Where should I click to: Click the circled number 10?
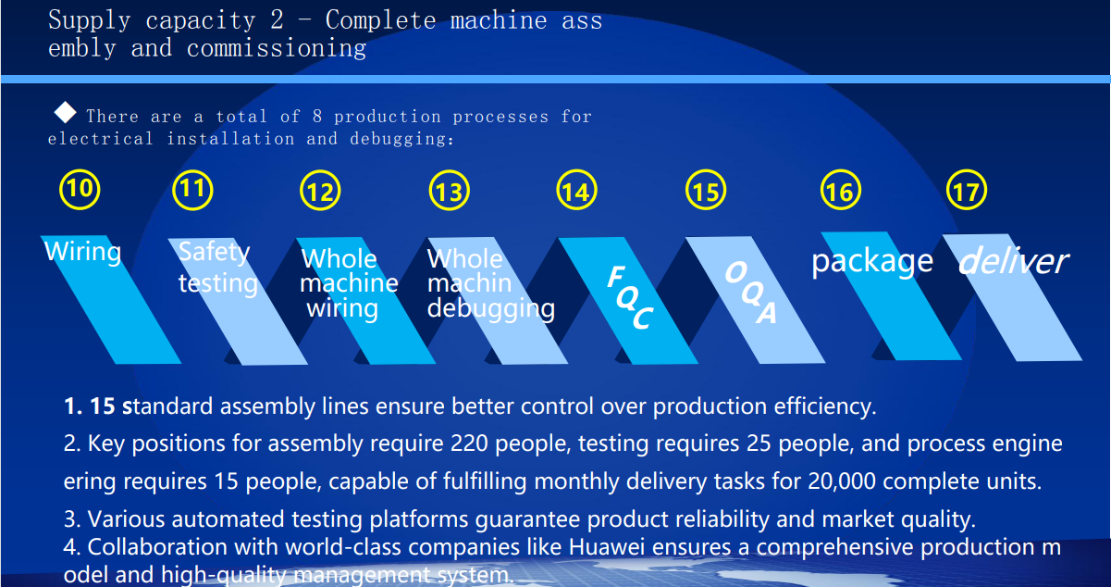coord(80,189)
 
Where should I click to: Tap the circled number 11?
coord(193,190)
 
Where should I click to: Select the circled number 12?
coord(320,190)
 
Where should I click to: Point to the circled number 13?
coord(450,190)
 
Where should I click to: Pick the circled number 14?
coord(577,190)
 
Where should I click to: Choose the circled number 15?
coord(706,190)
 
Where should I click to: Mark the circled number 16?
coord(841,190)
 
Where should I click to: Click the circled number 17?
coord(967,190)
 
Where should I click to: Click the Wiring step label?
coord(83,252)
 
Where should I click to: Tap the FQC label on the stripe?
coord(631,297)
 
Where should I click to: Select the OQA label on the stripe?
coord(751,293)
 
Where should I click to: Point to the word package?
coord(872,262)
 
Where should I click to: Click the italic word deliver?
coord(1014,260)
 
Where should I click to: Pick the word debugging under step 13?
coord(491,309)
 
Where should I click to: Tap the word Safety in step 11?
coord(215,252)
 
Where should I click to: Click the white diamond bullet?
coord(65,112)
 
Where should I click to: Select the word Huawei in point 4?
coord(607,547)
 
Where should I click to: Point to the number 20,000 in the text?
coord(842,481)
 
